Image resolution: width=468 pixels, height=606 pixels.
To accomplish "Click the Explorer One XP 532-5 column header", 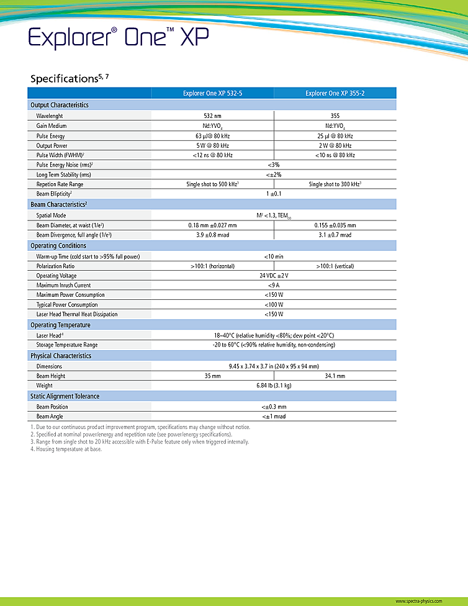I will tap(212, 93).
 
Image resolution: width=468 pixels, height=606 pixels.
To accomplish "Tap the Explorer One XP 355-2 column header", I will tap(335, 93).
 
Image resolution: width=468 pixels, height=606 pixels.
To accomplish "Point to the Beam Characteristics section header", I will tap(58, 204).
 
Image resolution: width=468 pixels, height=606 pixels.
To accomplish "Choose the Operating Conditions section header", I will tap(59, 246).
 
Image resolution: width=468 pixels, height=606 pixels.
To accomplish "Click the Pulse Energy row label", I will tap(50, 136).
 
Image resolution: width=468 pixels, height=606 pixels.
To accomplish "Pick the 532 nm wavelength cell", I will tap(212, 116).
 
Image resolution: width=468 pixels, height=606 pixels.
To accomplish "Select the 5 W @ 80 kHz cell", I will tap(212, 145).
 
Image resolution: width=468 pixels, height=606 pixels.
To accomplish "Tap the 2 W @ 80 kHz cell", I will tap(335, 145).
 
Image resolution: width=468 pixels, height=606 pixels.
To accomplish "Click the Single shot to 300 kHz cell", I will tap(335, 184).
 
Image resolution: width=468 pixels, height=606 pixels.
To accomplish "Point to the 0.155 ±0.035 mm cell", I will tap(335, 225).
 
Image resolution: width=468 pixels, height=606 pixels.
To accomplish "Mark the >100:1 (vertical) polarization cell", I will tap(335, 266).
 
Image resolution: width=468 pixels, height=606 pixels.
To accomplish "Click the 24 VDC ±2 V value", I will tap(274, 275).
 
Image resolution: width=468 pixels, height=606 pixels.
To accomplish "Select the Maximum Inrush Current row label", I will tap(63, 285).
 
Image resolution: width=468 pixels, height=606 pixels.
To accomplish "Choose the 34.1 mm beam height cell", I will tap(335, 376).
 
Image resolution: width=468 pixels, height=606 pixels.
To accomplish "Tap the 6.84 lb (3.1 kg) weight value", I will tap(274, 386).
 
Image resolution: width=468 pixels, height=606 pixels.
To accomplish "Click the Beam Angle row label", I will tap(50, 416).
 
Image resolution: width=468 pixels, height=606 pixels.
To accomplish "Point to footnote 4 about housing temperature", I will tap(66, 449).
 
